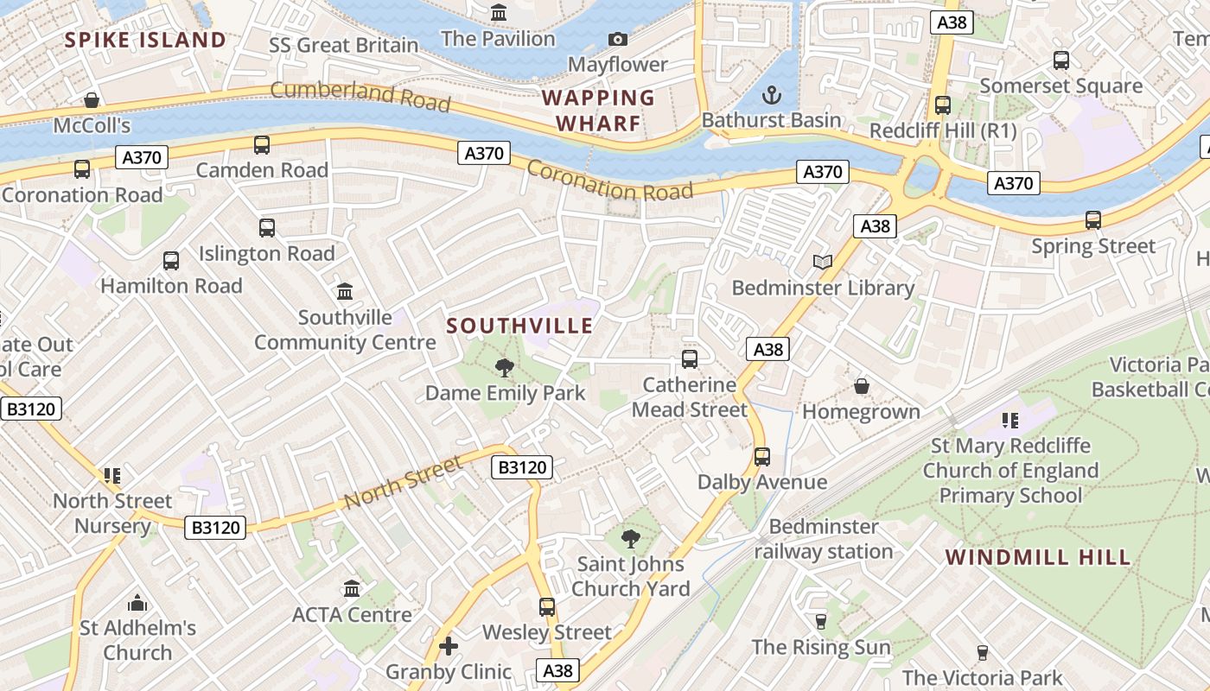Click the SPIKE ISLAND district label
coord(145,40)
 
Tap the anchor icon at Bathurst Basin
coord(771,95)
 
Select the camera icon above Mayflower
coord(618,39)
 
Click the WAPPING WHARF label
coord(598,111)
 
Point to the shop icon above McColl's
coord(92,101)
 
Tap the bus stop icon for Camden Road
coord(262,145)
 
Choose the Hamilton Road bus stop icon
coord(171,261)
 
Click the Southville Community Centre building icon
coord(345,292)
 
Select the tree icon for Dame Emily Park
coord(505,368)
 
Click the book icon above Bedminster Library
coord(823,263)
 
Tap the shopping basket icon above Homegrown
coord(861,386)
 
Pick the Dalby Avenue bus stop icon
coord(762,457)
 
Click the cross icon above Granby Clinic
coord(449,646)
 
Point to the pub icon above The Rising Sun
coord(821,622)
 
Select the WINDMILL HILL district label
coord(1037,557)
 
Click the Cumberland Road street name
coord(360,95)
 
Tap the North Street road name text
coord(402,483)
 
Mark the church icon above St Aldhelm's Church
coord(137,603)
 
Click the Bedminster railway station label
coord(824,539)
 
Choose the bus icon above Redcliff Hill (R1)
coord(943,105)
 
